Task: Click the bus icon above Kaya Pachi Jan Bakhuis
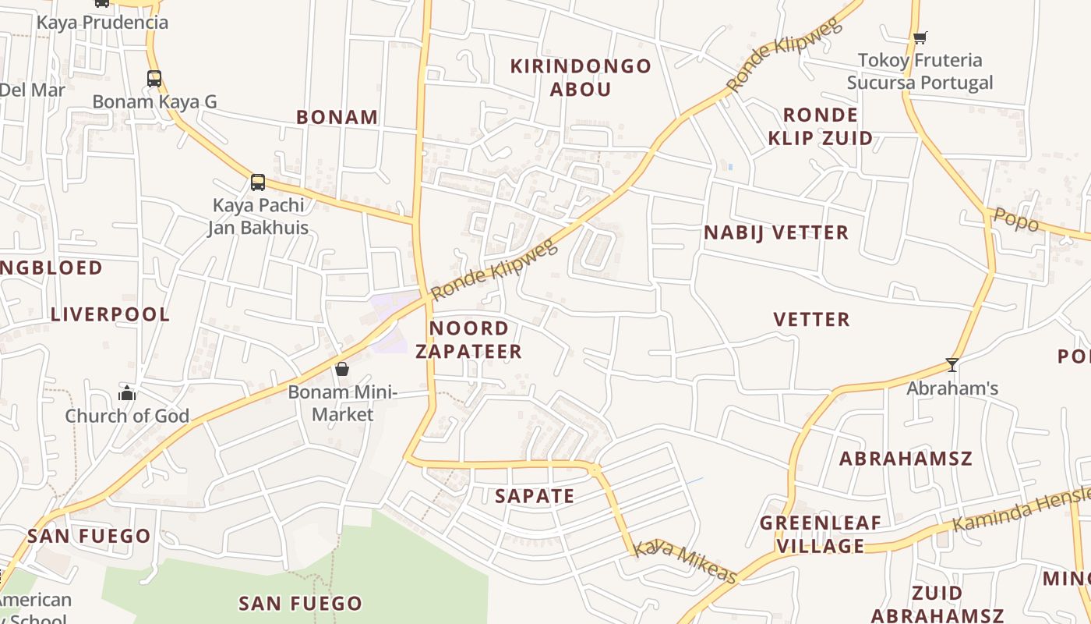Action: [258, 182]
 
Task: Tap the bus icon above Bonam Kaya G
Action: [154, 78]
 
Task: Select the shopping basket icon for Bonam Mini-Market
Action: [341, 369]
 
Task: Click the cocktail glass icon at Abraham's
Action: [952, 364]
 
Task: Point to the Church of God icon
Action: [127, 393]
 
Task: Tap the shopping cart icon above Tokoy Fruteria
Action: [920, 37]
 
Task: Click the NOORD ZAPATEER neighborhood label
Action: [468, 339]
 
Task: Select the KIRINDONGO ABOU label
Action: [581, 77]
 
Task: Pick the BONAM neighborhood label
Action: [337, 117]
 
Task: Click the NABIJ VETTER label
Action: [776, 232]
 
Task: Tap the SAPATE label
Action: [535, 496]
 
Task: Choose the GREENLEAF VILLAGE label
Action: [821, 534]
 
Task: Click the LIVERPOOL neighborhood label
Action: [110, 314]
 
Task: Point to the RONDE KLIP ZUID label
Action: [820, 126]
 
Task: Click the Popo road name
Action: [1016, 220]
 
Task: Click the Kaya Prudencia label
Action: [102, 22]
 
